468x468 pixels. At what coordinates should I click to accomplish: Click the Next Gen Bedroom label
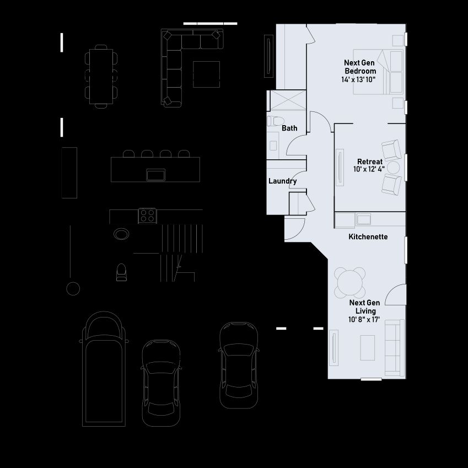360,67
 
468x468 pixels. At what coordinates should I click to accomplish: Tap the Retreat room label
370,162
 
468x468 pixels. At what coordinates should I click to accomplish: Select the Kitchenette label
368,236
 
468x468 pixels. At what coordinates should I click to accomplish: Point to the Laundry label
282,181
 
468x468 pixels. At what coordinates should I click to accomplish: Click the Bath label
289,128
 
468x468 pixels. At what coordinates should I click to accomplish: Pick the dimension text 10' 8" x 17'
364,320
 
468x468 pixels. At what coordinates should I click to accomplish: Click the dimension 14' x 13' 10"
358,80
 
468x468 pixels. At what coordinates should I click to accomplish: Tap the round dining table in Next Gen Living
350,282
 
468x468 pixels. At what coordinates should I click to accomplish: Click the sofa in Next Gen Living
394,348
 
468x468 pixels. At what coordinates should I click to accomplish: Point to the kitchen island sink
155,175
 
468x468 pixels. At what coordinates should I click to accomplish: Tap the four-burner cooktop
147,216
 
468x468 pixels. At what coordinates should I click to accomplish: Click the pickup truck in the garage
104,369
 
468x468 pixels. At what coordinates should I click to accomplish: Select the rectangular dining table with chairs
101,77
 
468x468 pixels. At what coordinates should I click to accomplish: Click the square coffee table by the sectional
207,74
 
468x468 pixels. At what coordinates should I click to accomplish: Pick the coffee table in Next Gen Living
368,348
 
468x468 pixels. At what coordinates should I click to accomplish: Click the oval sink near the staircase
121,234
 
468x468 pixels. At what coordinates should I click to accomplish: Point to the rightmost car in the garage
239,365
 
